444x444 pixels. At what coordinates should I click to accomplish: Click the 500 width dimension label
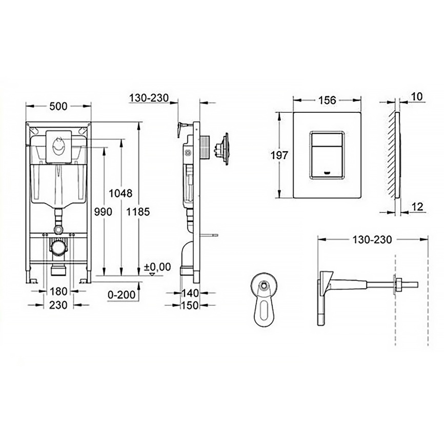pos(58,106)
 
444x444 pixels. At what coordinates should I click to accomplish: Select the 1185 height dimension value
pos(139,212)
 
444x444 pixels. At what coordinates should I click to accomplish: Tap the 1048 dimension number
pos(122,193)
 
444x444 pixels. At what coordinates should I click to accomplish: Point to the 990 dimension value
pos(104,212)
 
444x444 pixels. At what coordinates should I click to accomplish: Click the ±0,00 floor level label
pos(157,267)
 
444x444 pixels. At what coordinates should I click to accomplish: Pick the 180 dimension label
pos(57,292)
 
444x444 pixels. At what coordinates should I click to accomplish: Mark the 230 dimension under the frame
pos(57,304)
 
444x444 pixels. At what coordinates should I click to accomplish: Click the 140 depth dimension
pos(190,293)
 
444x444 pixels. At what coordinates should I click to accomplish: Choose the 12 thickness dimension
pos(417,207)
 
